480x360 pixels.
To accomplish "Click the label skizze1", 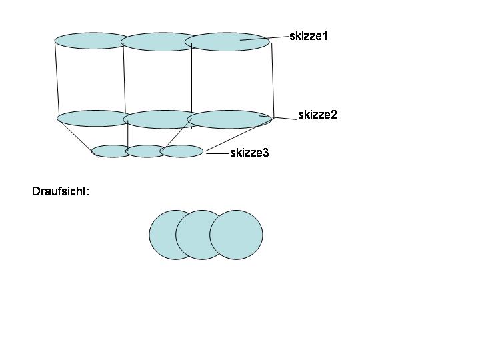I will (309, 36).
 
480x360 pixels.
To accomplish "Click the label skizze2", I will (317, 115).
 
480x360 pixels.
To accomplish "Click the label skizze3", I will (249, 153).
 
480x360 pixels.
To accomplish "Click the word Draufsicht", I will (60, 191).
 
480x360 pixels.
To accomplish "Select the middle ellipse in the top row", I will (157, 41).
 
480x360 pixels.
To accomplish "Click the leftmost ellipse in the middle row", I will (91, 119).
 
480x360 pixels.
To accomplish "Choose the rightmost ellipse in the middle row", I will (230, 119).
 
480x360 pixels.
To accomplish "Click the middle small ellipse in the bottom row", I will (144, 151).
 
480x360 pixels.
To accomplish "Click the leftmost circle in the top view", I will (163, 235).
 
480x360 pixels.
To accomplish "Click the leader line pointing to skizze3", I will (217, 153).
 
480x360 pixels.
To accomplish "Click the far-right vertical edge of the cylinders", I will (273, 80).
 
